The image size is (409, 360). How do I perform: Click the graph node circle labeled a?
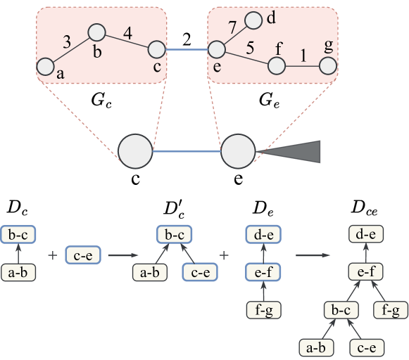click(x=46, y=67)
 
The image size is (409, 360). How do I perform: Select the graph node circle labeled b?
click(x=96, y=32)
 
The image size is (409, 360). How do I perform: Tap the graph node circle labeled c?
click(x=156, y=49)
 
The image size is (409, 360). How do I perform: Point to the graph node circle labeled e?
click(x=216, y=50)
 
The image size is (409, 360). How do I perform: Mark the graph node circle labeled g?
click(x=327, y=66)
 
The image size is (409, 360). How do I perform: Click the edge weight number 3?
click(x=67, y=42)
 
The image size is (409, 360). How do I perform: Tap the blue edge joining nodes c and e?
click(x=186, y=50)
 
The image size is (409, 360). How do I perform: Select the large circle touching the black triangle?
click(x=239, y=151)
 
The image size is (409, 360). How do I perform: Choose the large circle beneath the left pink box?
click(x=135, y=151)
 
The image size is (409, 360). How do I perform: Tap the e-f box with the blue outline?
click(x=263, y=271)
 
